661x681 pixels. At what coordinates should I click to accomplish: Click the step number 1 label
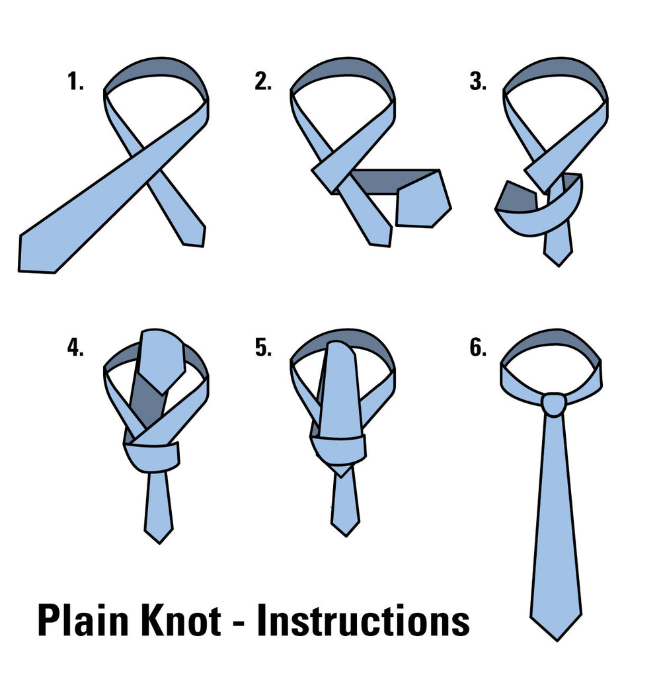[x=75, y=82]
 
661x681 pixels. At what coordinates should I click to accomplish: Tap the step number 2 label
[x=262, y=82]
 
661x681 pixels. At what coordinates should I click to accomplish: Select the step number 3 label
[x=477, y=82]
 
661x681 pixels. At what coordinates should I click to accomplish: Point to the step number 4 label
[x=75, y=347]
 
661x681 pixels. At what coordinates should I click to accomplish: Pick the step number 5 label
[x=262, y=347]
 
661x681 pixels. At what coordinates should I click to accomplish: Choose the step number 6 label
[x=477, y=347]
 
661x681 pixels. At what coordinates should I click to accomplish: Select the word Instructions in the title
[x=363, y=621]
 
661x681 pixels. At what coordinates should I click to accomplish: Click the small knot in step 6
[x=553, y=404]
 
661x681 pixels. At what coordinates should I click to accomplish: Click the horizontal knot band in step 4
[x=152, y=456]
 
